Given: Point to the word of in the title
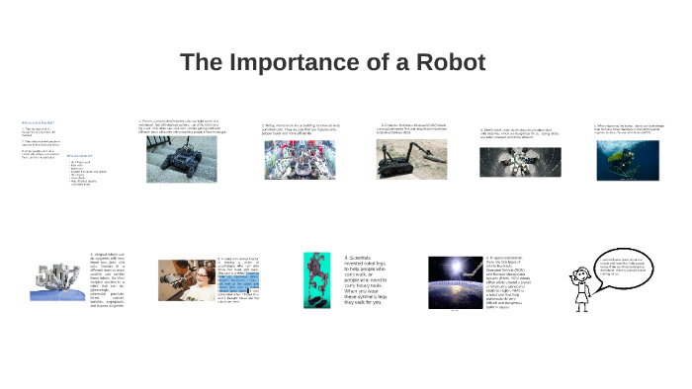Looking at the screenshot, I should pos(374,63).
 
